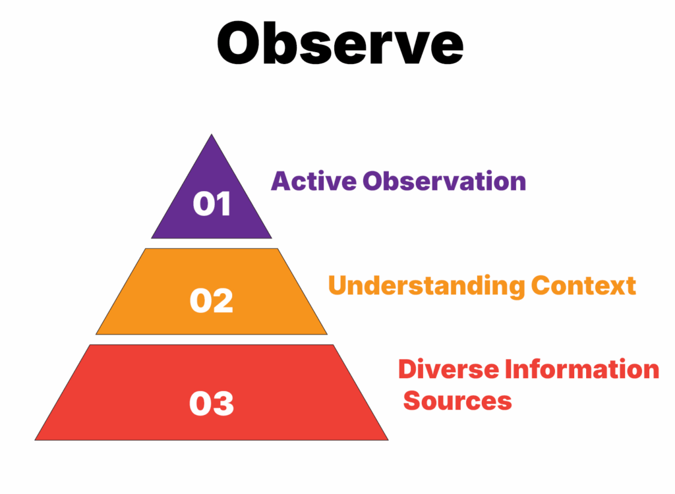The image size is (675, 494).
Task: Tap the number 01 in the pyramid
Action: (212, 204)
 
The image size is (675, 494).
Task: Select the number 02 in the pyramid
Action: (212, 301)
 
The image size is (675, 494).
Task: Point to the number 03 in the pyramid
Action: (212, 403)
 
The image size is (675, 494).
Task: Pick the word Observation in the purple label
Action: (444, 181)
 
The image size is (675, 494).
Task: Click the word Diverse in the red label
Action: (448, 370)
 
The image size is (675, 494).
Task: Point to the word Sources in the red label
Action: (457, 400)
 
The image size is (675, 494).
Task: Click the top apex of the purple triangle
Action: (212, 135)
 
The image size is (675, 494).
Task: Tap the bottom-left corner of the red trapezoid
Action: (36, 439)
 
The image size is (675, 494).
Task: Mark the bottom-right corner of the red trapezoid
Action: (388, 439)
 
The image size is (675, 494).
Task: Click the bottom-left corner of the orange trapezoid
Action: (96, 334)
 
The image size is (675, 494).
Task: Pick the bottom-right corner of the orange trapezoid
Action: (327, 334)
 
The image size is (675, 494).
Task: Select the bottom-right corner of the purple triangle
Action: (271, 238)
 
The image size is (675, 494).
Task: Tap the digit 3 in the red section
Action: (223, 403)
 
